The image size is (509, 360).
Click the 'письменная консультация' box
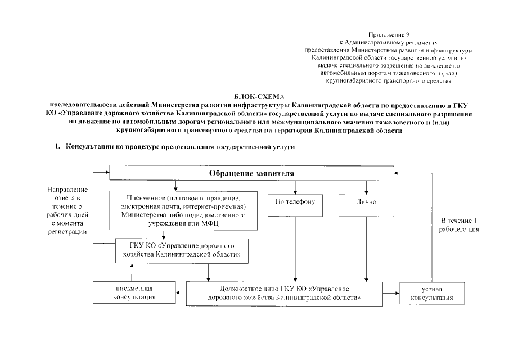tap(134, 292)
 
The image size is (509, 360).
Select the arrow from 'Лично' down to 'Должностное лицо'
tap(367, 247)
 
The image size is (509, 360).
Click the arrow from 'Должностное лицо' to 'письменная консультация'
tap(181, 292)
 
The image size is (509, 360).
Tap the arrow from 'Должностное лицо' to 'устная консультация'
tap(390, 292)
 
